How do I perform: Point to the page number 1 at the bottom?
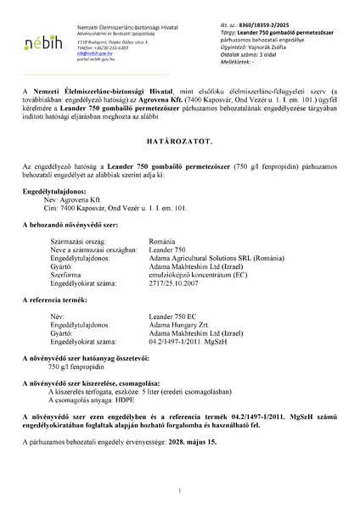(180, 489)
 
